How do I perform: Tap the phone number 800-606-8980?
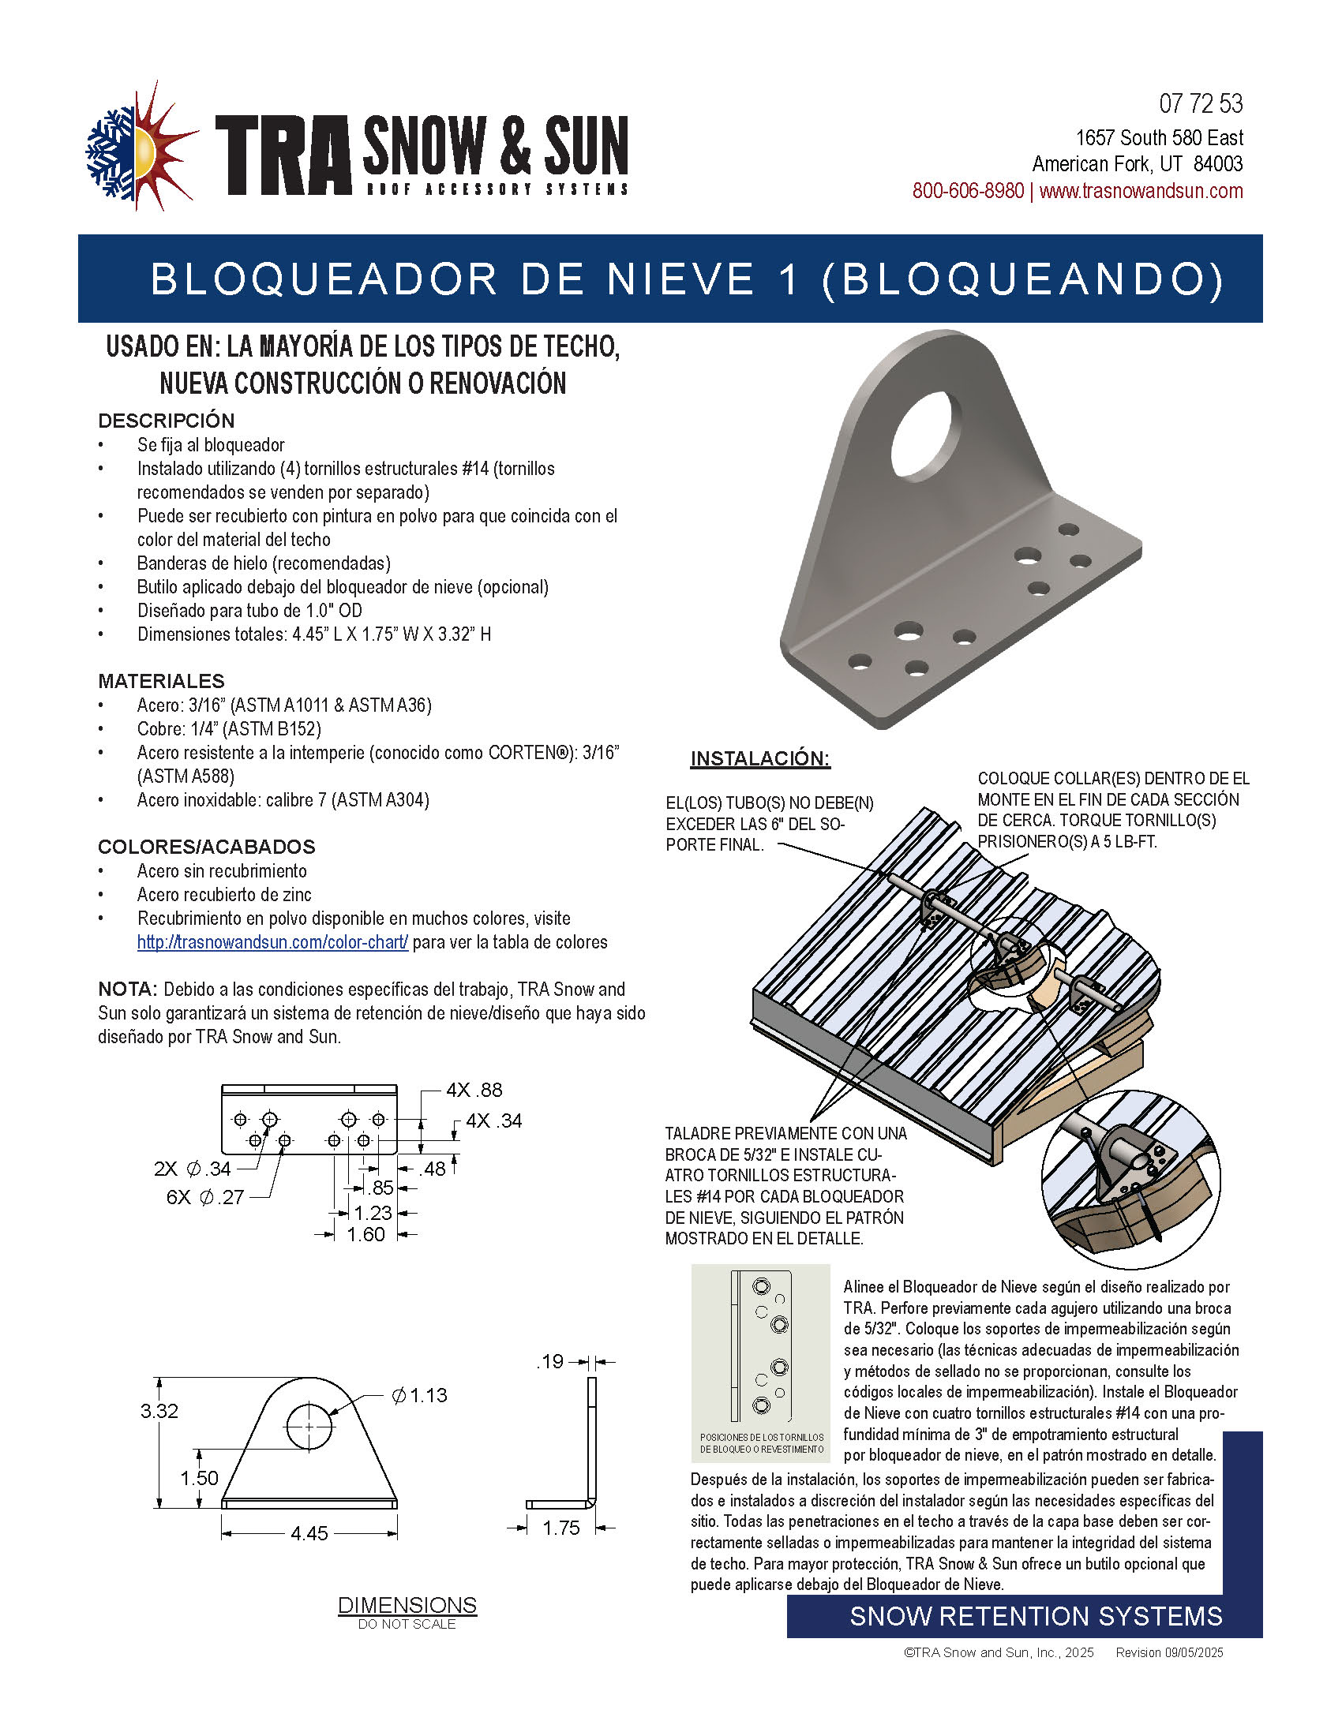[x=967, y=192]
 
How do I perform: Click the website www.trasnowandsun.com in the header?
[x=1141, y=192]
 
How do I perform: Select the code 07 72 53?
[x=1201, y=104]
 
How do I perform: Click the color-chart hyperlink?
[x=272, y=943]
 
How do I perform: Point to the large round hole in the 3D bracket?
[x=925, y=436]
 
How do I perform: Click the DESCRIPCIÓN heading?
[x=166, y=421]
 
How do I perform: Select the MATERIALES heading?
[x=161, y=681]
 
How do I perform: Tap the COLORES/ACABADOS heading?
[x=207, y=847]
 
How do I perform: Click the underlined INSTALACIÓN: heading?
[x=760, y=758]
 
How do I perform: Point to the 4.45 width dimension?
[x=309, y=1533]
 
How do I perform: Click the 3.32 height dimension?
[x=159, y=1411]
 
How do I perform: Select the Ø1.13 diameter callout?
[x=419, y=1395]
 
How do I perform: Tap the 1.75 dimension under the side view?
[x=561, y=1528]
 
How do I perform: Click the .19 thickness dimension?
[x=550, y=1362]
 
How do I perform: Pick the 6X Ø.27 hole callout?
[x=205, y=1197]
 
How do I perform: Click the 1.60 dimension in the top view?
[x=365, y=1234]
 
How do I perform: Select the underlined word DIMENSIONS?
[x=407, y=1605]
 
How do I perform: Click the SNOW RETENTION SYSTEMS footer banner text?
[x=1036, y=1616]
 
